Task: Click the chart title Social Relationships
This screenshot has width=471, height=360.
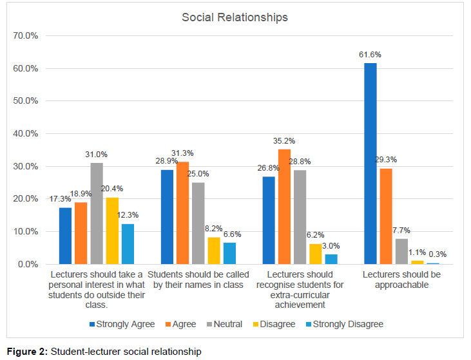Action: point(235,17)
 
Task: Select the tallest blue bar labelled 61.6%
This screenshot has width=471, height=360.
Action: point(370,164)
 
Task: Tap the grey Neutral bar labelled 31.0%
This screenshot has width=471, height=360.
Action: point(97,213)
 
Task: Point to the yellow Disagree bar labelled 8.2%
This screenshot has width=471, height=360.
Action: point(214,251)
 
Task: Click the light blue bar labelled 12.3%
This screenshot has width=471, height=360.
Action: point(128,244)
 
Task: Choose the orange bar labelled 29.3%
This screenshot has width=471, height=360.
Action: point(385,216)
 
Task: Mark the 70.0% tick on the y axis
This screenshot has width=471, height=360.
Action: point(26,35)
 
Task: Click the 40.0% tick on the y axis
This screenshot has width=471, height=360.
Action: point(26,134)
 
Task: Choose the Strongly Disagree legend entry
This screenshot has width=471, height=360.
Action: point(345,324)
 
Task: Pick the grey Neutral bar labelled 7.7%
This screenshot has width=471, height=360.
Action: point(401,251)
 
